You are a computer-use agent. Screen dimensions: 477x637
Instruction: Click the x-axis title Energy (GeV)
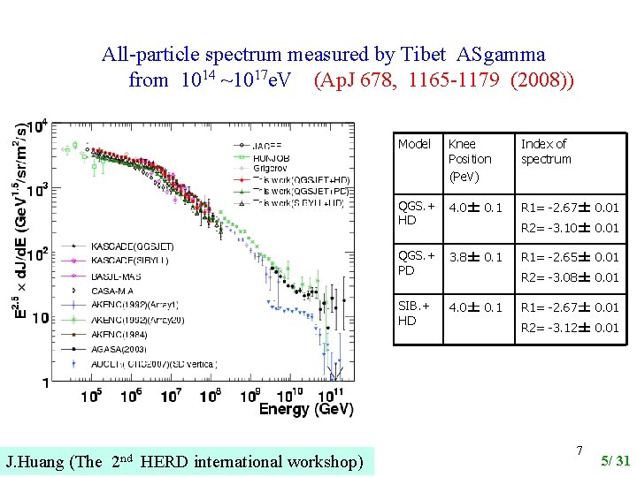point(306,409)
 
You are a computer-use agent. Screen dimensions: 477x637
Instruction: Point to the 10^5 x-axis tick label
point(91,396)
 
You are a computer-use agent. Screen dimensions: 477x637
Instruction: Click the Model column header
point(414,144)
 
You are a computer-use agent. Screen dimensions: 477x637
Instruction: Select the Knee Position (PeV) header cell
point(470,159)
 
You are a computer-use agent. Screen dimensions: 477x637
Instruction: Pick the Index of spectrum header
point(546,151)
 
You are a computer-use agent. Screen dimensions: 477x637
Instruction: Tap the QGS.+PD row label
point(415,262)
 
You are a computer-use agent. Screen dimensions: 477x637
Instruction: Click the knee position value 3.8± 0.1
point(474,257)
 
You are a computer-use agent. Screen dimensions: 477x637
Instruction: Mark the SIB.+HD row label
point(415,313)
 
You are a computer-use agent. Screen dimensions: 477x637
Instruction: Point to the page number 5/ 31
point(615,460)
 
